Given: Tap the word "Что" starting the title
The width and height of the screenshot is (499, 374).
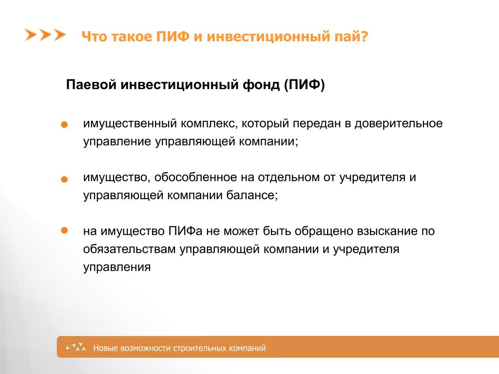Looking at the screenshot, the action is point(94,36).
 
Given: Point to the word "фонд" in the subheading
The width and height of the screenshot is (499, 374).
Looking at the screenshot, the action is point(261,85).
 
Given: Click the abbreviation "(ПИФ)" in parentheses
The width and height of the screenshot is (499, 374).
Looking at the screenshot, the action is point(305,85).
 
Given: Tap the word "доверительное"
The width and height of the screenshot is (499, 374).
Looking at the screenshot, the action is point(399,123).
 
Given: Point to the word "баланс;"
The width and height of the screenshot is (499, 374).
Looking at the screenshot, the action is point(252,195).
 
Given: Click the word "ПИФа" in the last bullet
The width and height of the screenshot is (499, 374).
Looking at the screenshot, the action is point(186,231).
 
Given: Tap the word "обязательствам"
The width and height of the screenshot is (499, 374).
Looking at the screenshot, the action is point(129,249).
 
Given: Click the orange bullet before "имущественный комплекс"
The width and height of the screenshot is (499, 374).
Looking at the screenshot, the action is point(64,125).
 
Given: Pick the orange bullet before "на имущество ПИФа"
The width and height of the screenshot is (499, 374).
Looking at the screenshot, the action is point(64,230).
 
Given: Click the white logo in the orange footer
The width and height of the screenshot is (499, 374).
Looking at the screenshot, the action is point(76,347).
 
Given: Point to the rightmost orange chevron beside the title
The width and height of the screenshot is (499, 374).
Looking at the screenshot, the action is point(60,35).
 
